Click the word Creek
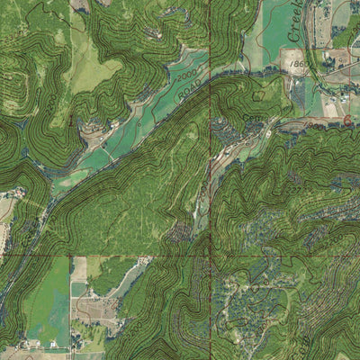300,21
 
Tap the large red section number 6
346,120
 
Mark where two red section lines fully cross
211,256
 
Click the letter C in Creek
294,37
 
